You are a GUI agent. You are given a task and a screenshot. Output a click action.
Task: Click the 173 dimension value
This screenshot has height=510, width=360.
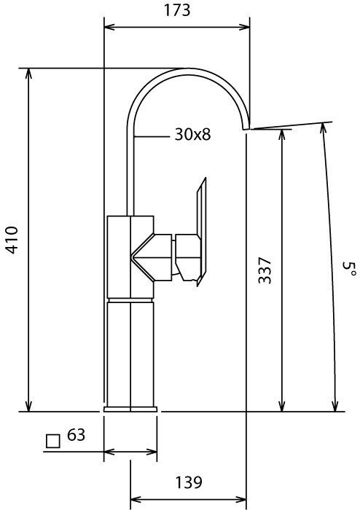click(177, 10)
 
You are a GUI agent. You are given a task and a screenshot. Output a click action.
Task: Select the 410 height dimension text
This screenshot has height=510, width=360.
click(12, 240)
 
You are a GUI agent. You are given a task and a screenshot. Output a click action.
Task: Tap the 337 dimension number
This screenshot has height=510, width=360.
click(265, 270)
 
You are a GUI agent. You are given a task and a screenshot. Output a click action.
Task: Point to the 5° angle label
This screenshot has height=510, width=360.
click(348, 269)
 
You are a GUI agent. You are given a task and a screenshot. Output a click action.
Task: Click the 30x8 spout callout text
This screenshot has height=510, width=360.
click(192, 134)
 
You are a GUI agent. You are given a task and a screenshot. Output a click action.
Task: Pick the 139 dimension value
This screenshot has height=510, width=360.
click(189, 482)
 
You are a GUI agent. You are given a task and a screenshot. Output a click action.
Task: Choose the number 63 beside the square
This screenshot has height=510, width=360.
click(76, 434)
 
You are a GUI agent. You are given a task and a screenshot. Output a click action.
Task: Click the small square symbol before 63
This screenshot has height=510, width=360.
click(53, 442)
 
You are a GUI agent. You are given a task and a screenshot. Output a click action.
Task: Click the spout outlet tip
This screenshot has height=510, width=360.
click(246, 128)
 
